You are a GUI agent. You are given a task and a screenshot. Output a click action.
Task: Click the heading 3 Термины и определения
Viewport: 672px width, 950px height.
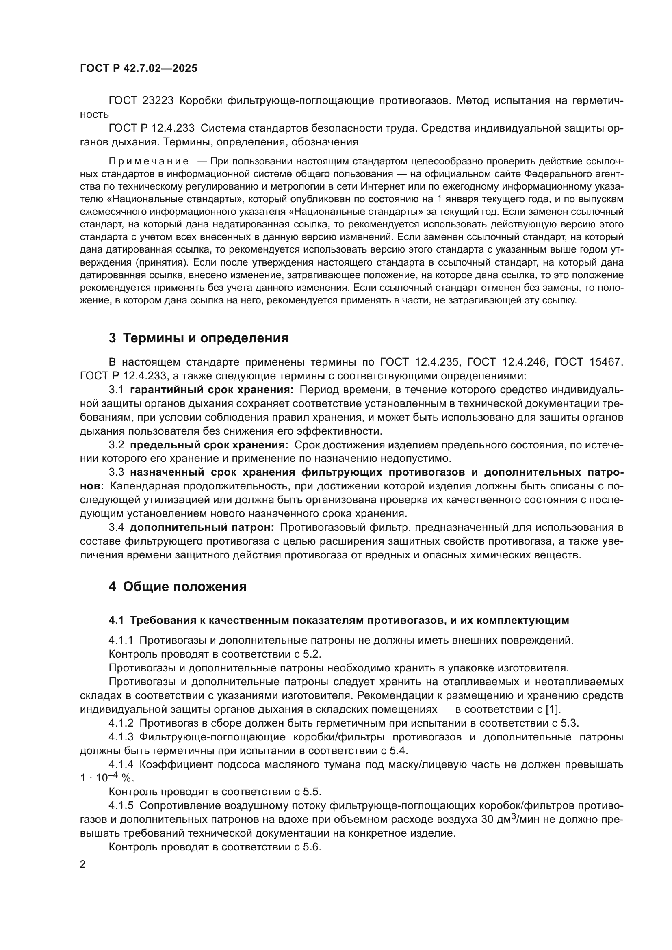click(199, 338)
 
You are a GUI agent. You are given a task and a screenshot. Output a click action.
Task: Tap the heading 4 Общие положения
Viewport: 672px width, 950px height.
click(178, 586)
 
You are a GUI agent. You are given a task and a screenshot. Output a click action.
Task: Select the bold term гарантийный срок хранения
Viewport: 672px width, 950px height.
click(211, 390)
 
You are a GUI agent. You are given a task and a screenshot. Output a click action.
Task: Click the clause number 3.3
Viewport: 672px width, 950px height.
click(116, 472)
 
